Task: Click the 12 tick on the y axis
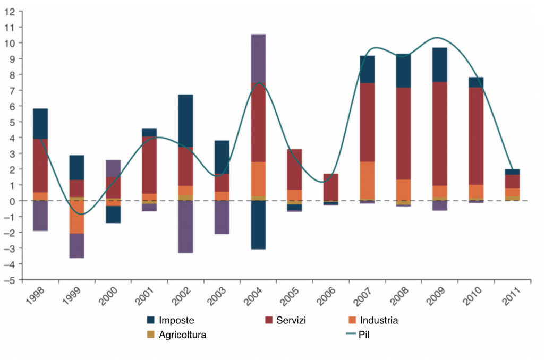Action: tap(10, 11)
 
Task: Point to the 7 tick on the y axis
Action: tap(11, 90)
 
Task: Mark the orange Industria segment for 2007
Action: tap(368, 180)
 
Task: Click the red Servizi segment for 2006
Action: tap(331, 187)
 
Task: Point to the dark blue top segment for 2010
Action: tap(476, 82)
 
